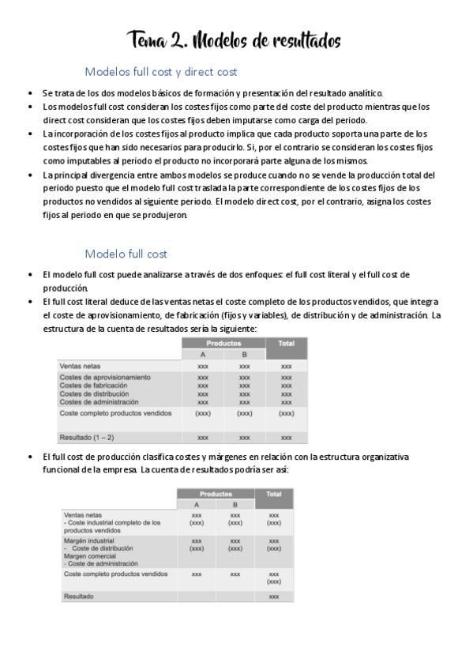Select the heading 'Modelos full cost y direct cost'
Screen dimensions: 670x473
(160, 72)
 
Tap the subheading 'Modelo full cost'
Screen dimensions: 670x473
(126, 254)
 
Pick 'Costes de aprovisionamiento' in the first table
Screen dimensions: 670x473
(105, 378)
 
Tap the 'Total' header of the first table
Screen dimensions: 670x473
(287, 344)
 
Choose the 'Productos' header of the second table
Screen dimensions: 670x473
(216, 494)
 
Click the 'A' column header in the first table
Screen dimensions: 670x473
(203, 356)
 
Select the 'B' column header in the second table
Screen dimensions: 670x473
(235, 505)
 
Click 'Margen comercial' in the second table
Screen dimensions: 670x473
(91, 555)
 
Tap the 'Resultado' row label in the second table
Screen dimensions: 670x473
(78, 597)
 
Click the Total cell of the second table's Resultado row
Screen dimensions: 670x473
(274, 597)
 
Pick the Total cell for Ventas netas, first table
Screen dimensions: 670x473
(287, 367)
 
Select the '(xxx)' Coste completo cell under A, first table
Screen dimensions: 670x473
(203, 413)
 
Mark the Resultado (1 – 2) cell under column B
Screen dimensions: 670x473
(245, 437)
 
